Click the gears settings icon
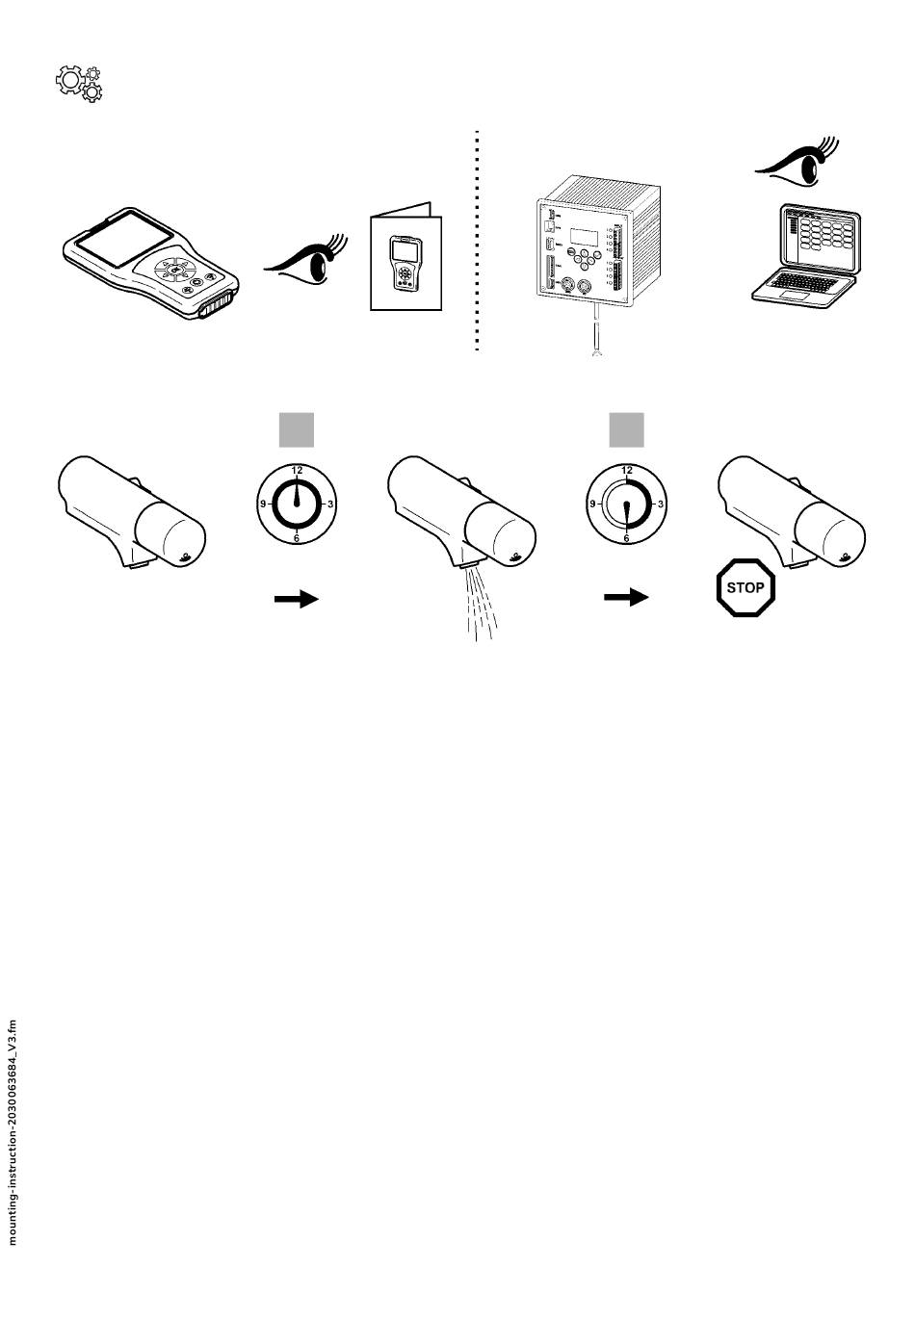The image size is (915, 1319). coord(79,84)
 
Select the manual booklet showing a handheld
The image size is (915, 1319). coord(405,260)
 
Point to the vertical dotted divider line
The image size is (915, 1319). coord(477,241)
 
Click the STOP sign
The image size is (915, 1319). coord(745,587)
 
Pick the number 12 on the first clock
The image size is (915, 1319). coord(297,470)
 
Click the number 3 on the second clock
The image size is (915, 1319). coord(661,504)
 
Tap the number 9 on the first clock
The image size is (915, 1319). coord(262,504)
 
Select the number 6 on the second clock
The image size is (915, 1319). coord(626,538)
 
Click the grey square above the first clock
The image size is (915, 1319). coord(297,430)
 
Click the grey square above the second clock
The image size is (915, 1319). coord(626,430)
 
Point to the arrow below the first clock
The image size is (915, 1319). coord(297,599)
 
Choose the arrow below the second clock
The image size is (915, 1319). coord(626,598)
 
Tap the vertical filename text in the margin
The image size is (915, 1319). coord(13,1132)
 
